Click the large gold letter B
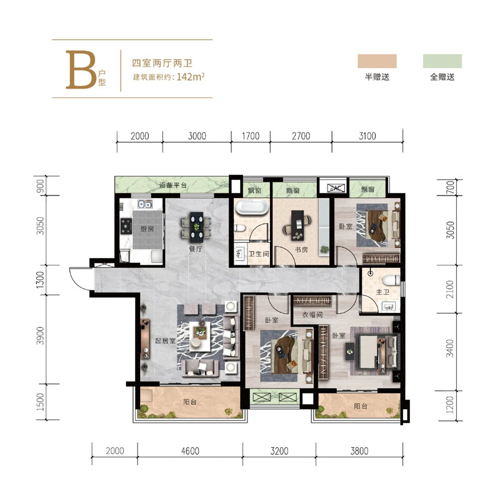click(x=81, y=69)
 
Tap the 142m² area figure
click(x=191, y=77)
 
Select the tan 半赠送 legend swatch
click(x=377, y=61)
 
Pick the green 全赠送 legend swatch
click(x=442, y=61)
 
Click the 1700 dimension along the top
click(x=251, y=136)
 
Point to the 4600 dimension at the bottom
click(x=190, y=451)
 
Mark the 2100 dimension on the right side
click(x=449, y=289)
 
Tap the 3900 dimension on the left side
click(x=40, y=335)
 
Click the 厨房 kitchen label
click(x=147, y=229)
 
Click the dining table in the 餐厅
click(x=196, y=227)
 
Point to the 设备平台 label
click(x=173, y=185)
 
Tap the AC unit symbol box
click(x=336, y=189)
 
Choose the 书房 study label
click(x=301, y=250)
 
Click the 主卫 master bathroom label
click(x=382, y=292)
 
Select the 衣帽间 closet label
click(x=312, y=315)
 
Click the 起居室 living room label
click(x=165, y=340)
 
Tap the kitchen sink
click(x=145, y=204)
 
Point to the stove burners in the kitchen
click(x=126, y=225)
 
